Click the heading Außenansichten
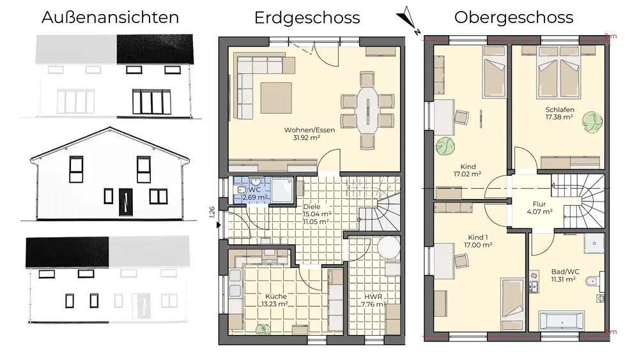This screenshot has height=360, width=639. pos(110,17)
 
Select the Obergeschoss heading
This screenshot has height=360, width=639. pos(514,18)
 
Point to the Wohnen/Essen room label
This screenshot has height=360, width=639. pos(309,130)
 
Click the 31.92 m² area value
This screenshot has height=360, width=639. pos(307,138)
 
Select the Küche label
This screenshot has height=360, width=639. pos(276,296)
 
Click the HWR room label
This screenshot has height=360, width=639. pos(373,297)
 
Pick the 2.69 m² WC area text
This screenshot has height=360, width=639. pos(255,198)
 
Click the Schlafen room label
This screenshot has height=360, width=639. pos(560,110)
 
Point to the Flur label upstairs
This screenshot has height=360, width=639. pos(539,204)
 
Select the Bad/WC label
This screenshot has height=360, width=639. pos(565,272)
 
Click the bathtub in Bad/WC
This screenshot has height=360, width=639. pos(561,320)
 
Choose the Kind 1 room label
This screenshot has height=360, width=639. pos(478,237)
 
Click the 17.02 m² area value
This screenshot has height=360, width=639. pos(468,174)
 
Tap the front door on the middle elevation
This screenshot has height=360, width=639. pos(126,202)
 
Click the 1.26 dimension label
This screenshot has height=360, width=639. pos(212,212)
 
